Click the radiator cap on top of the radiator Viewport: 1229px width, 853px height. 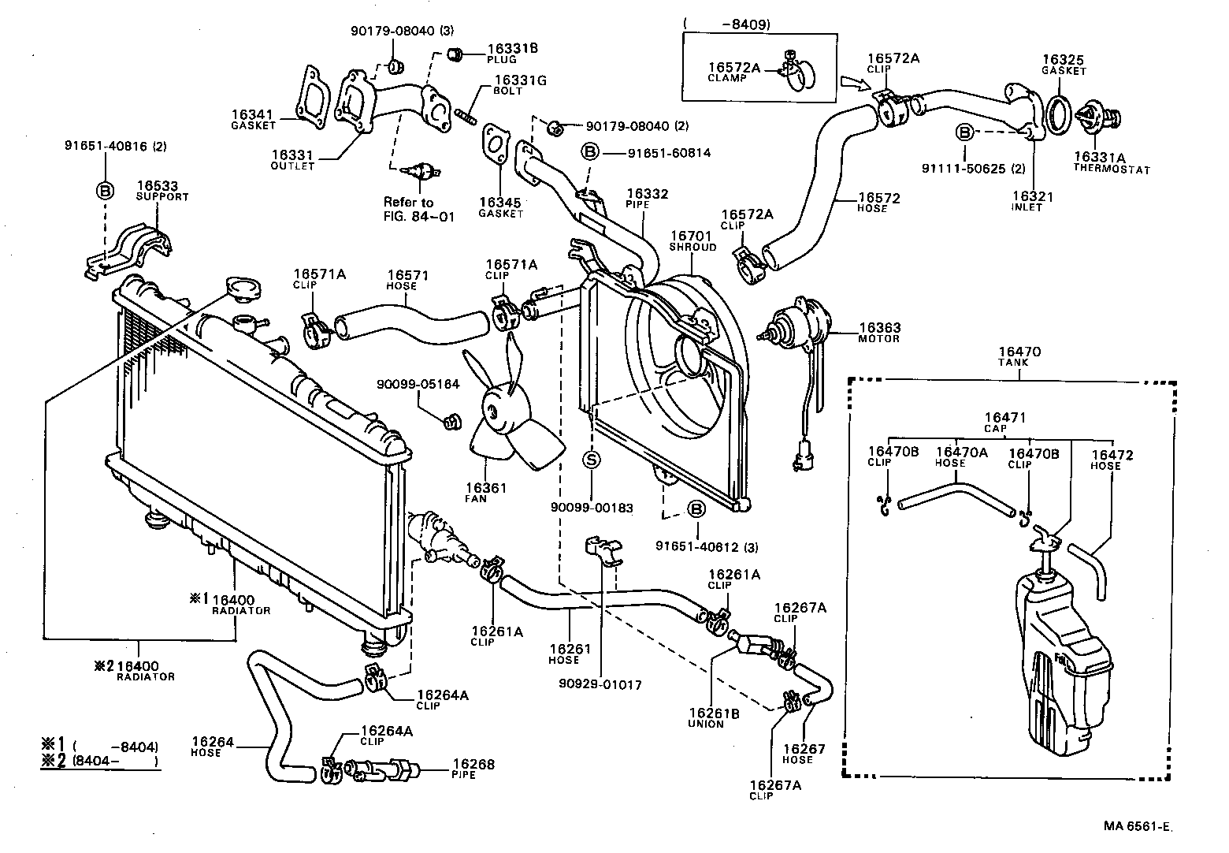[243, 287]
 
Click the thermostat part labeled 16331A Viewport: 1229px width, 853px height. [1099, 118]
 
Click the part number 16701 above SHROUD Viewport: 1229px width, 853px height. [691, 237]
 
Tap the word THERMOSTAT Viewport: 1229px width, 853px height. [1112, 169]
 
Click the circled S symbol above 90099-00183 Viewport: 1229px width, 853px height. [592, 460]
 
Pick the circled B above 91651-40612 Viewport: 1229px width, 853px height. [696, 510]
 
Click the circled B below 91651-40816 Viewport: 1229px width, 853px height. [105, 191]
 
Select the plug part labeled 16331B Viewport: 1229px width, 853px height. [454, 54]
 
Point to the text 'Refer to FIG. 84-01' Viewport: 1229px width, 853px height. [418, 209]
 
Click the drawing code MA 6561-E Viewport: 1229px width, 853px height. [1138, 826]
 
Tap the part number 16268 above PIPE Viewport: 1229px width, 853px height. [473, 764]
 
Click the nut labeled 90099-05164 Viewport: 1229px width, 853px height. [451, 423]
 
